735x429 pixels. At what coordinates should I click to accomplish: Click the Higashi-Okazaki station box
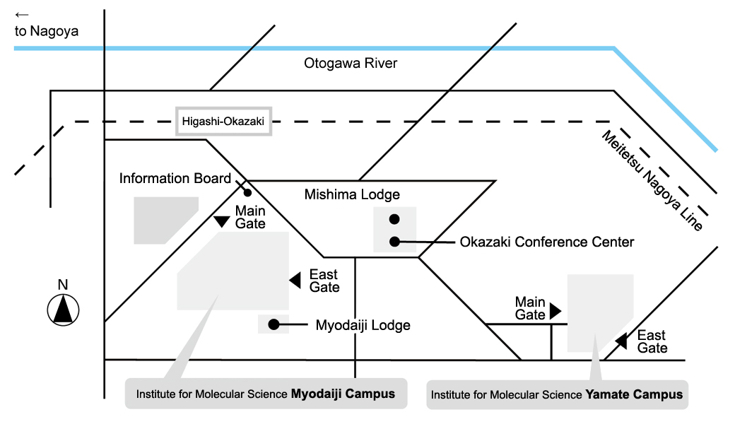tap(224, 122)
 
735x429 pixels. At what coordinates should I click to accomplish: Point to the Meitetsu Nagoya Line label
tap(652, 180)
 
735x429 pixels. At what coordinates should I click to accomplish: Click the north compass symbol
tap(63, 310)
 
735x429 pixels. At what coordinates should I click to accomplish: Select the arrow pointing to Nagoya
tap(22, 13)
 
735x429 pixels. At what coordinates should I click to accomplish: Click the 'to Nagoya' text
tap(47, 31)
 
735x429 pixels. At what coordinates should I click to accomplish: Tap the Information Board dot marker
tap(248, 192)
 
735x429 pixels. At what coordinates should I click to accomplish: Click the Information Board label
tap(175, 178)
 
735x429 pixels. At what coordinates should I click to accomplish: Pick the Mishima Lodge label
tap(352, 194)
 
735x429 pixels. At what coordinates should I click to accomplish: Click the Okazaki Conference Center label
tap(546, 242)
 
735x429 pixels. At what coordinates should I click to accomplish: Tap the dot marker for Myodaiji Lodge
tap(273, 325)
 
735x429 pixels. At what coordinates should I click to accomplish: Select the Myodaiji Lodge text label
tap(363, 325)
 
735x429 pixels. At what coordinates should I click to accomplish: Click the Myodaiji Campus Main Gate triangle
tap(222, 222)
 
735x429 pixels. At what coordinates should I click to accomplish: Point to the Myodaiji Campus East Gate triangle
tap(295, 280)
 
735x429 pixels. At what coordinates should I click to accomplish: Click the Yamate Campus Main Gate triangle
tap(555, 311)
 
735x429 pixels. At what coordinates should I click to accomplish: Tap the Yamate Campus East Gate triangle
tap(621, 341)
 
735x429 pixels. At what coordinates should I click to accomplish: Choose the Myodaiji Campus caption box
tap(266, 394)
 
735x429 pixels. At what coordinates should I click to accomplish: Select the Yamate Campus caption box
tap(557, 394)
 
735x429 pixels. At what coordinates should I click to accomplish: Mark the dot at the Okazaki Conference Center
tap(394, 242)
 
